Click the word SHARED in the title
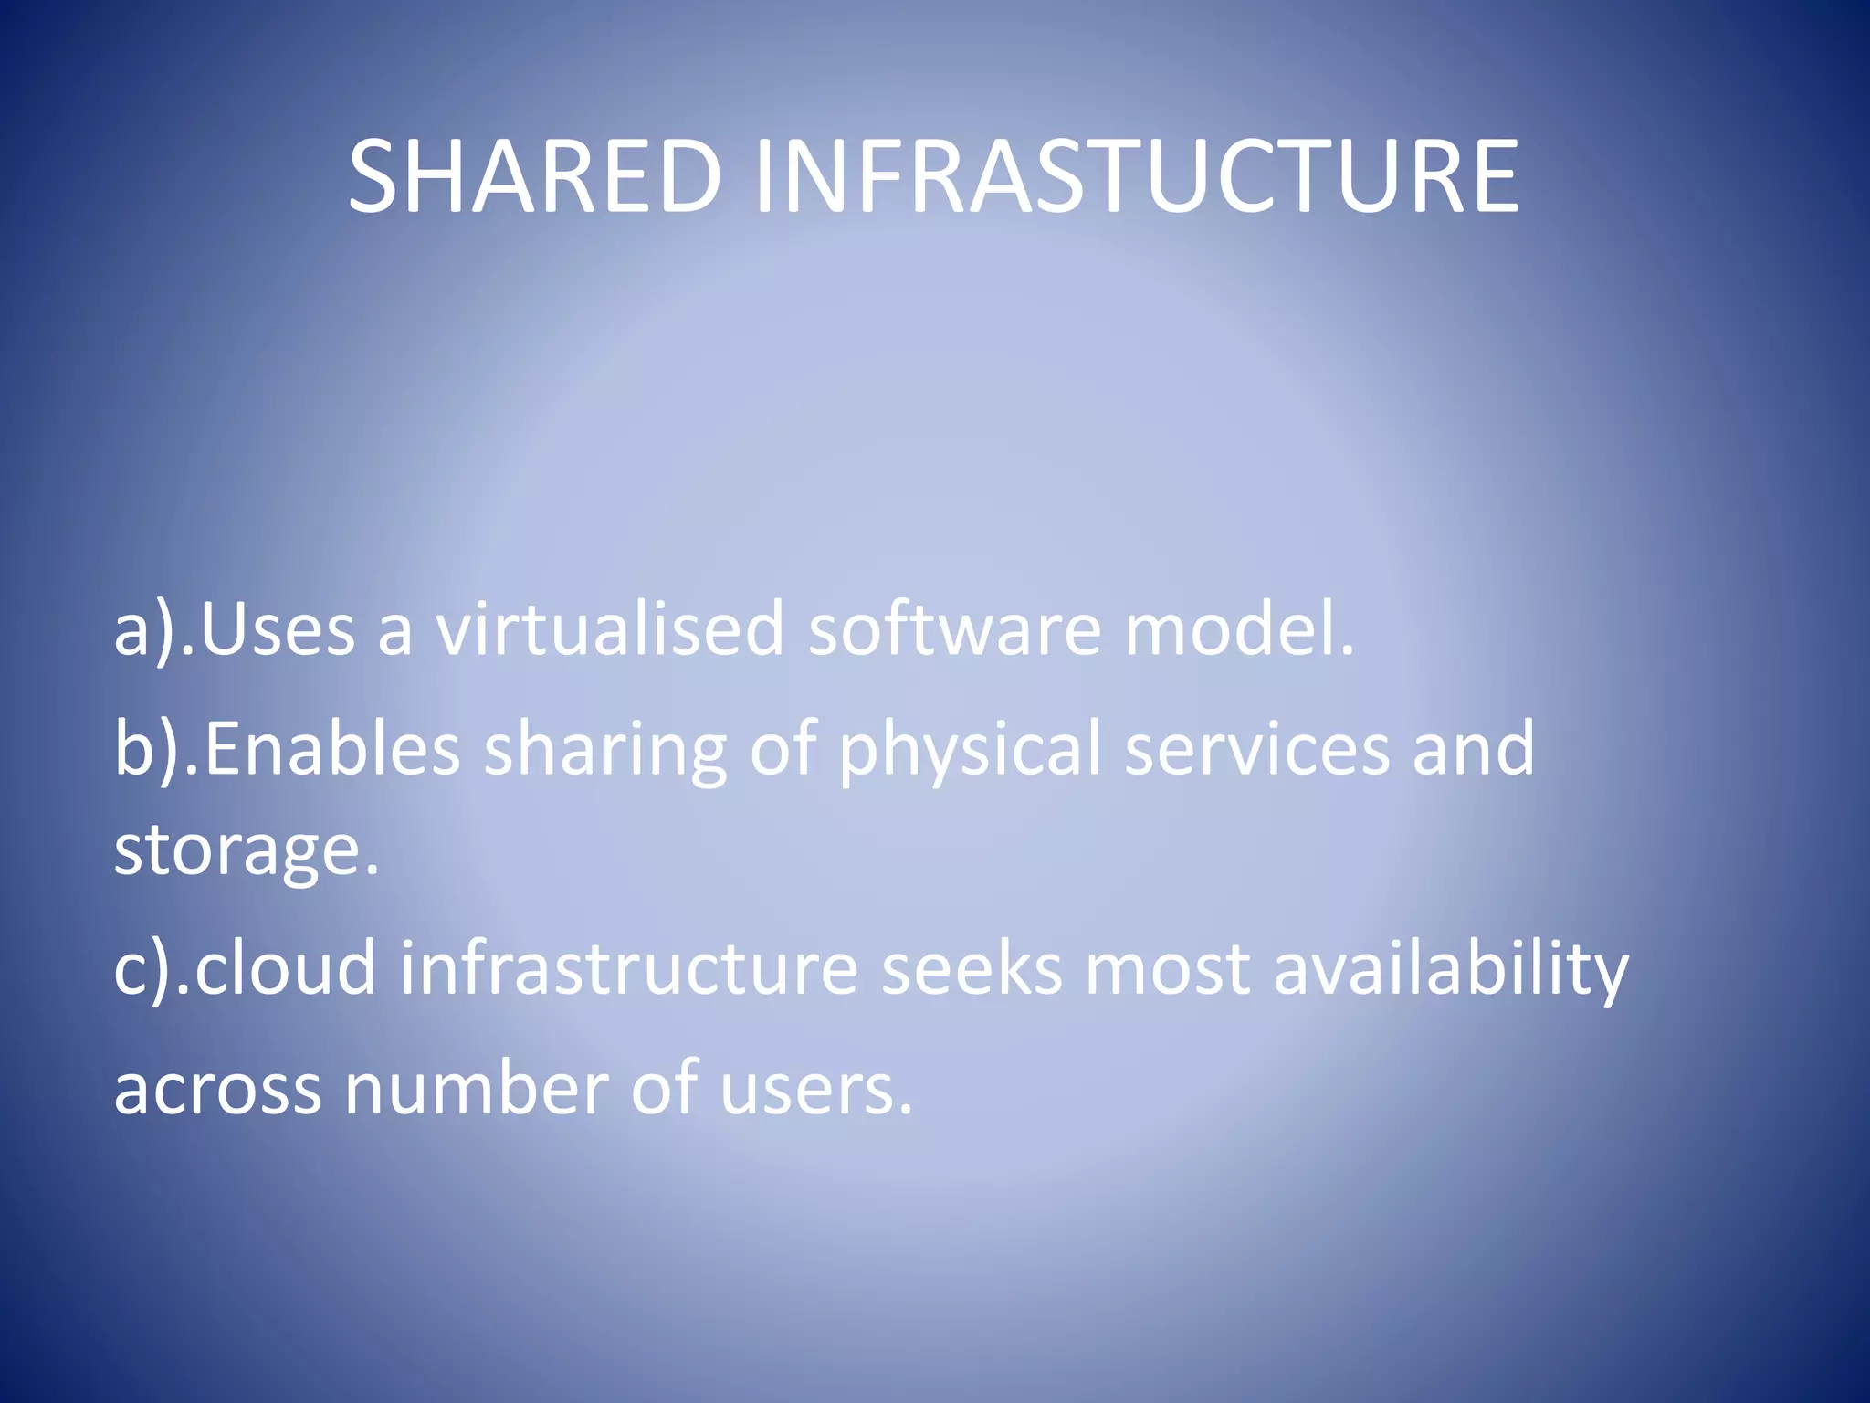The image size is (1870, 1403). tap(535, 175)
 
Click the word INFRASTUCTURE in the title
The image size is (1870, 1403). tap(1136, 175)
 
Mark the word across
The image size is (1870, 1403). tap(217, 1089)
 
